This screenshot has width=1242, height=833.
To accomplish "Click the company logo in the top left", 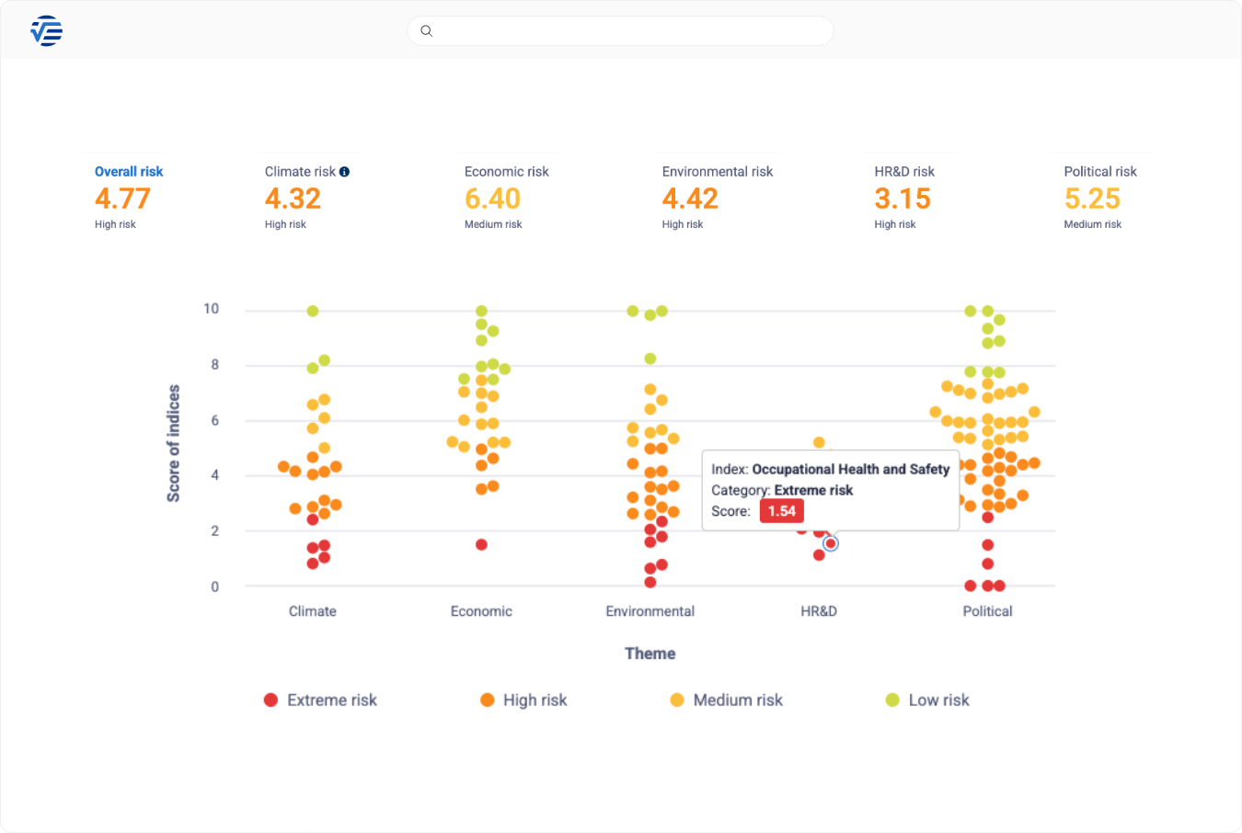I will tap(46, 31).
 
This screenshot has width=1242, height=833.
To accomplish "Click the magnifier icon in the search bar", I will tap(426, 31).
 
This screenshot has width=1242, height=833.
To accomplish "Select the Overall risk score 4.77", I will tap(122, 199).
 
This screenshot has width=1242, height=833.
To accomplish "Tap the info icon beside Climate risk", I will tap(344, 172).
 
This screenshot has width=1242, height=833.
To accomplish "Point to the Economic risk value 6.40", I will tap(492, 199).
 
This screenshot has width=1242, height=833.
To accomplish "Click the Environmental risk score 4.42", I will tap(690, 199).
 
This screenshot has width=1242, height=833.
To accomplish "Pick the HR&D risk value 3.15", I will tap(903, 199).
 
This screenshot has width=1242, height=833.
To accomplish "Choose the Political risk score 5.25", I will tap(1092, 199).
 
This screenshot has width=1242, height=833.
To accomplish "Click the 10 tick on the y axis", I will tap(212, 309).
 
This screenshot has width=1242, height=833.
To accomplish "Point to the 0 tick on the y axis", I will tap(215, 587).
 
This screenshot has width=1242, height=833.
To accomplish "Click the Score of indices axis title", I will tap(173, 443).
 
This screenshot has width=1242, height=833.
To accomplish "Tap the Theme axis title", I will tap(650, 654).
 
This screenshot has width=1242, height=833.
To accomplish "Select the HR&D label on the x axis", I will tap(819, 611).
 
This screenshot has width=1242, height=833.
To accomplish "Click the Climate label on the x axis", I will tap(313, 611).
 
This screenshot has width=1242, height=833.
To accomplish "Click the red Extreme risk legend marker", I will tap(270, 700).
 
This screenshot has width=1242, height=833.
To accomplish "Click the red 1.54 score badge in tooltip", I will tap(781, 511).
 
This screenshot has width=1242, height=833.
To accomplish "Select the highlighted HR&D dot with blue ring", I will tap(831, 543).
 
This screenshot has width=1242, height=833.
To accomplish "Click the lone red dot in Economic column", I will tap(481, 544).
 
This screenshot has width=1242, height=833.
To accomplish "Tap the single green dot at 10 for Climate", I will tap(313, 311).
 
